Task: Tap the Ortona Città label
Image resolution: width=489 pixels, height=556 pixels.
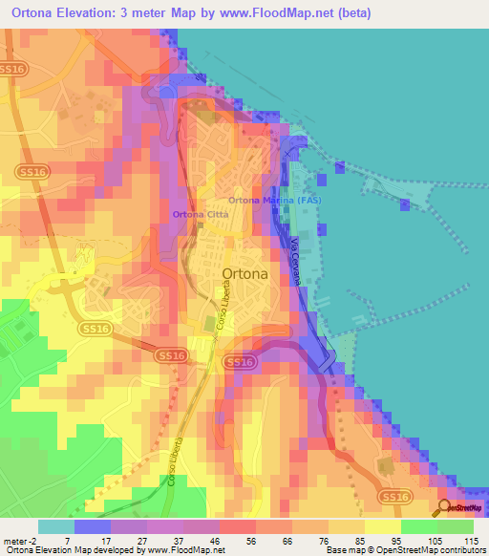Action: pos(200,214)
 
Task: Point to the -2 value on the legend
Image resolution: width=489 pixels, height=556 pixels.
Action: pos(36,541)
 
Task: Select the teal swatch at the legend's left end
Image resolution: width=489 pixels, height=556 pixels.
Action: pos(55,526)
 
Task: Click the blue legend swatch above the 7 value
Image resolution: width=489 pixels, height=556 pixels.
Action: pos(92,526)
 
